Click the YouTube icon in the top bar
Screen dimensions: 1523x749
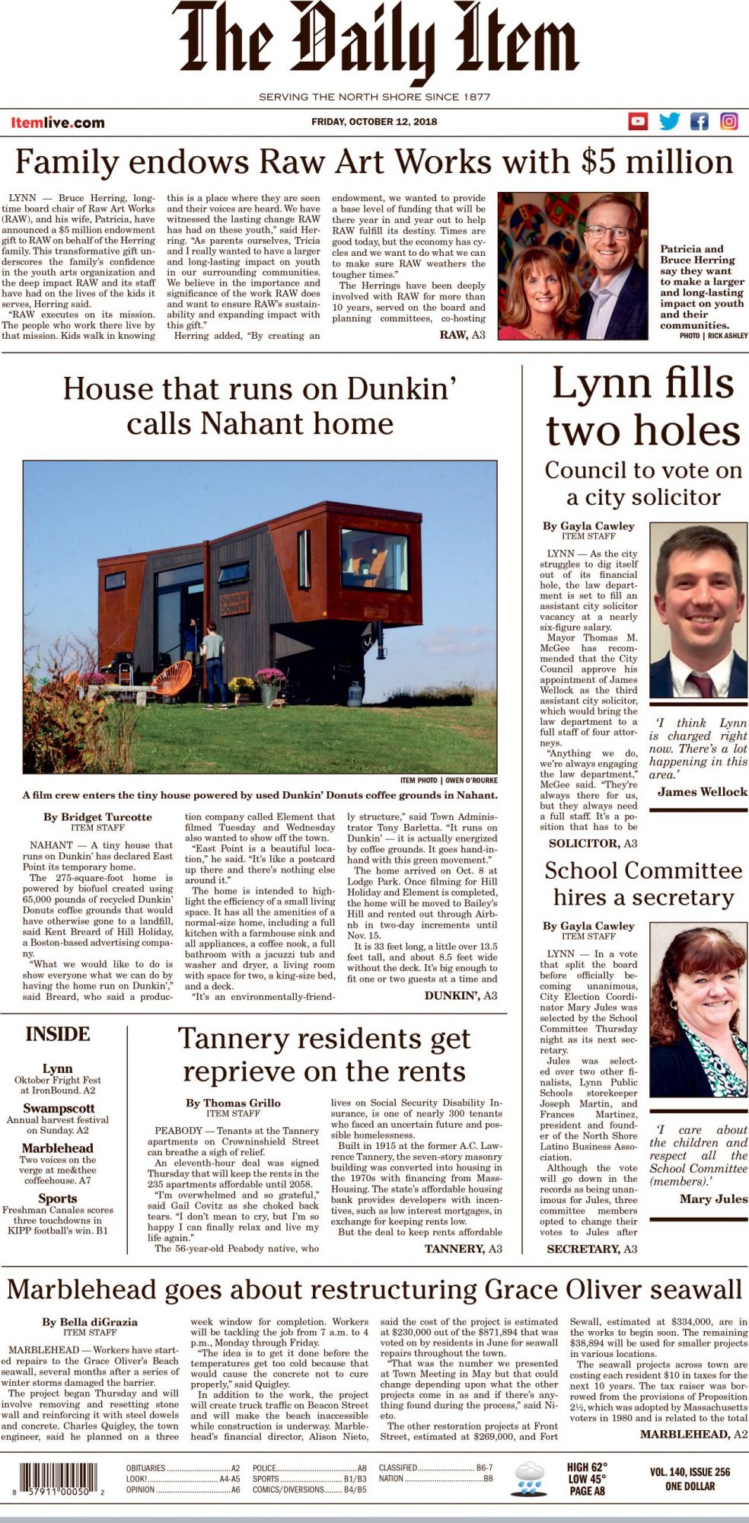click(x=638, y=121)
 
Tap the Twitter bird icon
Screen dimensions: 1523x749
click(x=669, y=121)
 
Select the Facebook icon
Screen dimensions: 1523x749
click(x=699, y=121)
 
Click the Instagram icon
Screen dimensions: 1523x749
click(x=728, y=121)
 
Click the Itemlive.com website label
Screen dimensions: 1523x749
click(x=58, y=122)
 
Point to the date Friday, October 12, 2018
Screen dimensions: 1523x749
click(x=374, y=121)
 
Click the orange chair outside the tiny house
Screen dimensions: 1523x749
click(x=174, y=678)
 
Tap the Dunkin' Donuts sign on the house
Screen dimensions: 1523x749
click(x=235, y=602)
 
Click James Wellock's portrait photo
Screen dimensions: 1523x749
click(x=698, y=611)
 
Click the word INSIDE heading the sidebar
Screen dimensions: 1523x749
click(x=58, y=1034)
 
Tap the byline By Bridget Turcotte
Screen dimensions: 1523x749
click(x=97, y=817)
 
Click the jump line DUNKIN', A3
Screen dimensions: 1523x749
click(x=461, y=995)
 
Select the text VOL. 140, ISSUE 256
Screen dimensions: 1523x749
click(x=690, y=1472)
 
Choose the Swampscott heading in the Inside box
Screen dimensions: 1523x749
click(x=59, y=1108)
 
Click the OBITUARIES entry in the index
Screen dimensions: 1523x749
click(x=145, y=1467)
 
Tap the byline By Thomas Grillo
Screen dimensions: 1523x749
click(x=233, y=1103)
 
